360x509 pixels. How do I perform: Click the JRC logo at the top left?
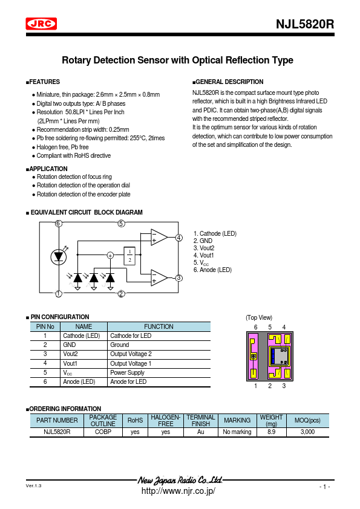pyautogui.click(x=41, y=24)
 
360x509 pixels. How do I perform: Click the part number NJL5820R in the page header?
pyautogui.click(x=305, y=25)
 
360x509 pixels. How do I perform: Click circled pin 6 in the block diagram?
pyautogui.click(x=59, y=223)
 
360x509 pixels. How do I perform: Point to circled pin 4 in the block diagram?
pyautogui.click(x=178, y=238)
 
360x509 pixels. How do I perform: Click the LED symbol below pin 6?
pyautogui.click(x=59, y=256)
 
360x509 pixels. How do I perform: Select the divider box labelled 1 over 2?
pyautogui.click(x=129, y=256)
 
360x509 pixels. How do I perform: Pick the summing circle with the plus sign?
pyautogui.click(x=110, y=256)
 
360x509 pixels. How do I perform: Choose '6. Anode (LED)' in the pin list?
pyautogui.click(x=212, y=270)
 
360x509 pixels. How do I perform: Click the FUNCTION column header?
pyautogui.click(x=159, y=326)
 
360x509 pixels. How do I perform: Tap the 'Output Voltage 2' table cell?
pyautogui.click(x=131, y=354)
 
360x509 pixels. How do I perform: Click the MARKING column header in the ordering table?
pyautogui.click(x=237, y=420)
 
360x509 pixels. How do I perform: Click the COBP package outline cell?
pyautogui.click(x=103, y=432)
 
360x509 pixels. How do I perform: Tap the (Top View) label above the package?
pyautogui.click(x=259, y=317)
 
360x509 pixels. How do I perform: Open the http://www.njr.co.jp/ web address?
pyautogui.click(x=178, y=491)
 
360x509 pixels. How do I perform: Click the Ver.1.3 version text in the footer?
pyautogui.click(x=34, y=485)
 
